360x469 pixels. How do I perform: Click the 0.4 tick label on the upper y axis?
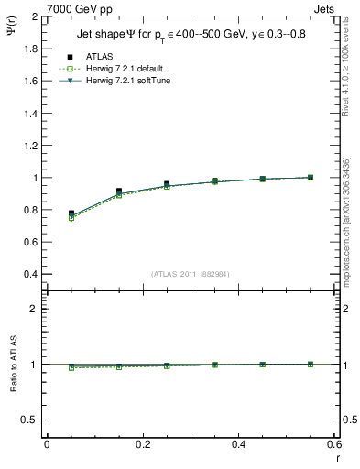(x=30, y=274)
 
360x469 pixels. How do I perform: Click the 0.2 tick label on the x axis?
(x=142, y=444)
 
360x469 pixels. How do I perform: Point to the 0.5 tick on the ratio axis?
(x=30, y=420)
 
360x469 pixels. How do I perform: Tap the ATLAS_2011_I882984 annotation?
(x=191, y=275)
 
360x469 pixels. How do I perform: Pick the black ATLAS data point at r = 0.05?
(x=71, y=213)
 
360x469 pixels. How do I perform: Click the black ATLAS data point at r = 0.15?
(x=119, y=191)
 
